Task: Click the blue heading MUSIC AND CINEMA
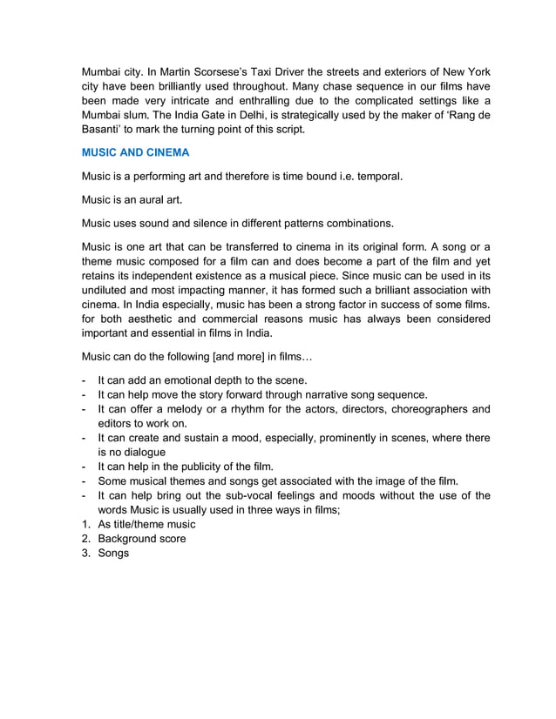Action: point(135,152)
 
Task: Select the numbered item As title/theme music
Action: point(146,524)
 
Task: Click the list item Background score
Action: point(141,539)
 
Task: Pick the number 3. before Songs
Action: point(86,554)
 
